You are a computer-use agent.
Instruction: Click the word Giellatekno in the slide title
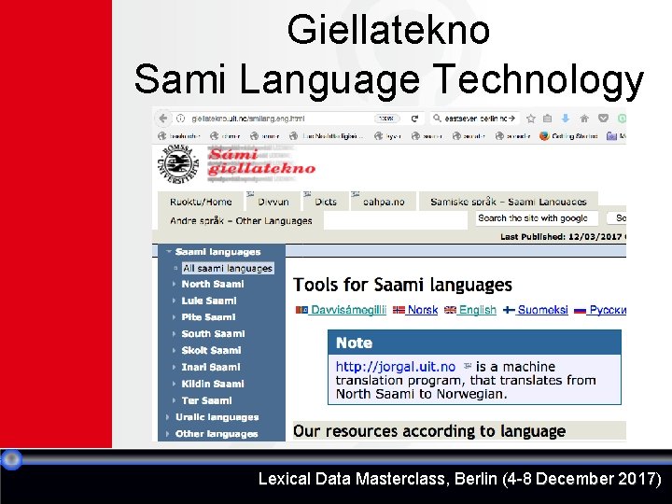(387, 30)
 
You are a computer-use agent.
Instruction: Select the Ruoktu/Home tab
(201, 202)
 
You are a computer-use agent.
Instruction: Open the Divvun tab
(273, 202)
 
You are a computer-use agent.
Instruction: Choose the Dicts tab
(326, 202)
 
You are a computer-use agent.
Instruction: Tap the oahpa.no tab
(384, 202)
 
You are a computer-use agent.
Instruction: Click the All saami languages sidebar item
(227, 268)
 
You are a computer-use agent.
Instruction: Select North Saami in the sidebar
(212, 284)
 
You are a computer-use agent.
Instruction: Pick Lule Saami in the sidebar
(209, 301)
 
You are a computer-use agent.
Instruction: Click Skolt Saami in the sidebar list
(211, 350)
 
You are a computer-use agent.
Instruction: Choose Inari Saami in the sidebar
(211, 367)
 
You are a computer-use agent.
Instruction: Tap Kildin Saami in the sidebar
(212, 384)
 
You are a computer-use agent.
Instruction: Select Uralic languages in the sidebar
(217, 417)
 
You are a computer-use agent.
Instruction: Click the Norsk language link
(422, 310)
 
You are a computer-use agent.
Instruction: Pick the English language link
(477, 310)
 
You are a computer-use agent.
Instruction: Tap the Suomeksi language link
(542, 310)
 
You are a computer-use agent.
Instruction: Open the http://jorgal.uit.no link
(396, 367)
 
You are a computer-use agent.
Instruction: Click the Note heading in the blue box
(354, 343)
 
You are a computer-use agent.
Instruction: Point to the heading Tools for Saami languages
(402, 285)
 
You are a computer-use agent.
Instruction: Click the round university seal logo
(178, 165)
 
